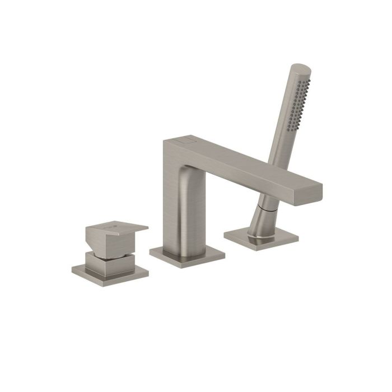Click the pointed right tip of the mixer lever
(146, 228)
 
